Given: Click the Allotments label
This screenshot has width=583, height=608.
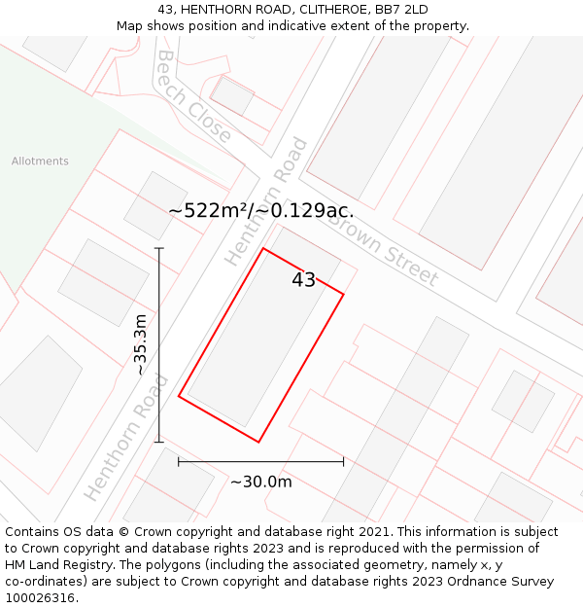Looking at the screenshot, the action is tap(40, 161).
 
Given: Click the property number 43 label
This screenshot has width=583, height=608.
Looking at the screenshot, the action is tap(303, 280).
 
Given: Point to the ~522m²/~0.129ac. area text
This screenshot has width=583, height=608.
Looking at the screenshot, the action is tap(260, 210).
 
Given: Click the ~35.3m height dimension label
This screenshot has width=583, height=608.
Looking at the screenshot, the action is tap(140, 344).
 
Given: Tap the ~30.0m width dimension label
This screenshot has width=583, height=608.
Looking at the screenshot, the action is tap(260, 482).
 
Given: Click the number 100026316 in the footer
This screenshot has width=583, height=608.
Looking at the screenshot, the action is tap(40, 598).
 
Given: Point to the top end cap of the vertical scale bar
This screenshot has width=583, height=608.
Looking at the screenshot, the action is tap(159, 248).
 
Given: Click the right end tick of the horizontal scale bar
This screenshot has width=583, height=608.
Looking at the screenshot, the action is tap(343, 461).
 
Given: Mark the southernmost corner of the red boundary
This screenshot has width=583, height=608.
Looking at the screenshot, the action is tap(258, 442).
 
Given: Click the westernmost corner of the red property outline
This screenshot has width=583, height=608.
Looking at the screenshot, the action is tap(179, 396).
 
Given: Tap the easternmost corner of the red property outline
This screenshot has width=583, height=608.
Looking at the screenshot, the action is tap(343, 294).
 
